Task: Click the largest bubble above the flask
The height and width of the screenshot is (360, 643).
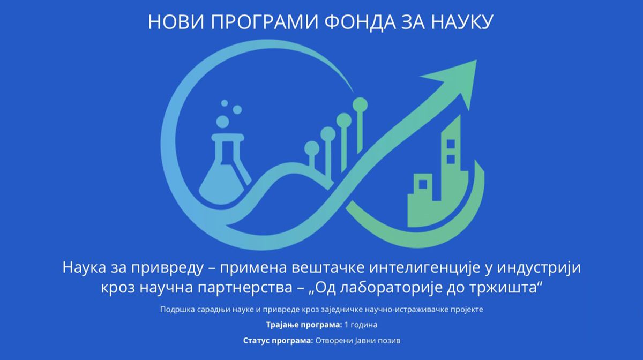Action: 223,121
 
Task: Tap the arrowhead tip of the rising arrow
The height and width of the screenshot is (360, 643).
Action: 477,60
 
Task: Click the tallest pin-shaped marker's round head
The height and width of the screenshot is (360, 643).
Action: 360,105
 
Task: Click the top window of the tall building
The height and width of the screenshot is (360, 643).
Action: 451,144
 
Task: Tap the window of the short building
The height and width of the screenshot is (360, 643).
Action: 423,184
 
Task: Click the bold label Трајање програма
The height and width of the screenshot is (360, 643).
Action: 304,325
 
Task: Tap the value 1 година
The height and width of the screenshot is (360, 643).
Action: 361,325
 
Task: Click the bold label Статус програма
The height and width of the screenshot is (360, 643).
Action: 278,341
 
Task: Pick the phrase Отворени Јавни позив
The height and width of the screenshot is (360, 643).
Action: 358,341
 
